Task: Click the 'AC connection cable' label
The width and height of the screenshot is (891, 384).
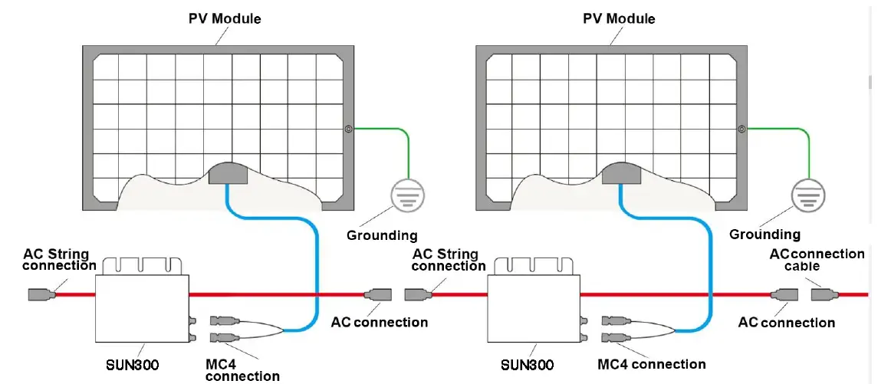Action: point(816,260)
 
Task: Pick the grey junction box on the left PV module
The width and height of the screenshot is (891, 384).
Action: point(228,174)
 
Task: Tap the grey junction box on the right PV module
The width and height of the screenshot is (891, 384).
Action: point(621,174)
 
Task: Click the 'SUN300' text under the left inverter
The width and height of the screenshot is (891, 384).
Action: point(132,365)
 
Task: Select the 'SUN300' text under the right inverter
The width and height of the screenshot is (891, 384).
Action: point(526,365)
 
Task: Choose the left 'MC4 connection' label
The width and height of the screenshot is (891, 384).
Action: point(242,369)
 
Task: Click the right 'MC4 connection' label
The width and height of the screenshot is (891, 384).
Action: point(651,363)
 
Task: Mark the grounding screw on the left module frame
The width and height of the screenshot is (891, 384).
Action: point(348,130)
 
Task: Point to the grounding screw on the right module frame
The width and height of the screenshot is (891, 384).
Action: point(741,130)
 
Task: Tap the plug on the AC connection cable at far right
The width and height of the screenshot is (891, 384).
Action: point(822,294)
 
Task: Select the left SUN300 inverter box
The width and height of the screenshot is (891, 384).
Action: point(141,307)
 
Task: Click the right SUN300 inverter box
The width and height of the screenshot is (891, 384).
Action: point(534,307)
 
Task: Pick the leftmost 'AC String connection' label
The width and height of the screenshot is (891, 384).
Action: point(59,260)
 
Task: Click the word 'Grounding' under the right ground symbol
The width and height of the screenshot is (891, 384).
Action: point(764,235)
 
